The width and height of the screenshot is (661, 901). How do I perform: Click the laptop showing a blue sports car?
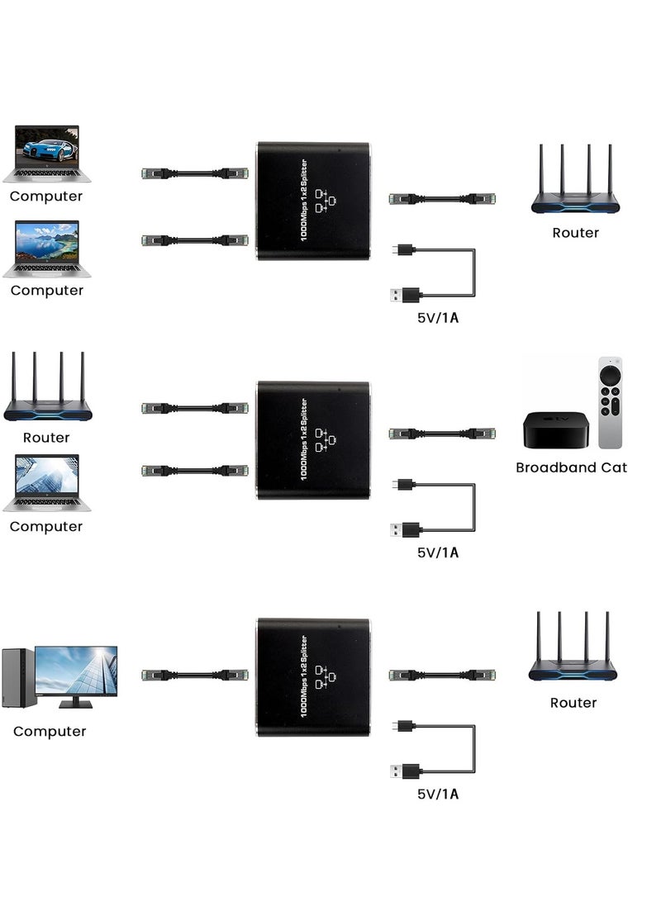47,154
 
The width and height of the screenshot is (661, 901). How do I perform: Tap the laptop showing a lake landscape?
47,248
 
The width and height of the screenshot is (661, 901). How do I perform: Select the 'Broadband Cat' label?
571,467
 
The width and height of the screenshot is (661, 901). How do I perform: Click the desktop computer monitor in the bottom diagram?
76,673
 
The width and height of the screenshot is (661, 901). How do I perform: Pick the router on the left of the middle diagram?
47,390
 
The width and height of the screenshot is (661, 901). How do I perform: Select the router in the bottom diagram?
573,650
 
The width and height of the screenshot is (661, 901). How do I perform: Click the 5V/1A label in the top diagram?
438,318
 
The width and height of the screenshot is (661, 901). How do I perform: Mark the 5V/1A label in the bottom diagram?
438,794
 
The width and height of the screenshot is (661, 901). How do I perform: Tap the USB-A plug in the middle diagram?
406,529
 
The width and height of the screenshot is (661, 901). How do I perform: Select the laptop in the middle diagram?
47,483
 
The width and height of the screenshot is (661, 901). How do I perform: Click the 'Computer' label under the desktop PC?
50,732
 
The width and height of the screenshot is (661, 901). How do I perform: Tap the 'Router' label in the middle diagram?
46,438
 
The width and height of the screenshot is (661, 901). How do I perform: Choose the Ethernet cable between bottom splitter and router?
441,675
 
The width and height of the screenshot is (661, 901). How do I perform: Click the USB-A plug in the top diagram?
406,293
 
